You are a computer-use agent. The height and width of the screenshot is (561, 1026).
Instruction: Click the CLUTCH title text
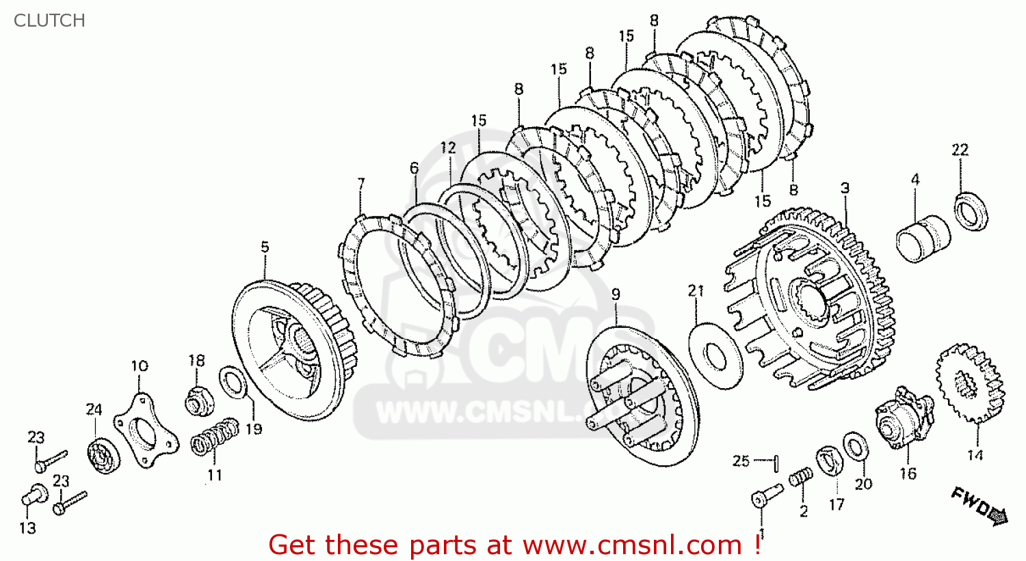point(49,20)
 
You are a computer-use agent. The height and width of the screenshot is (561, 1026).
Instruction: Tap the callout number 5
point(265,247)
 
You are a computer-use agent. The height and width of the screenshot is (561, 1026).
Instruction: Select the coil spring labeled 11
point(215,437)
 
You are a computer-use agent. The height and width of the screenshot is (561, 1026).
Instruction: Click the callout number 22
point(960,150)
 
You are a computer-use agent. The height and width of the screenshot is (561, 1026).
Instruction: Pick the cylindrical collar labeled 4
point(923,238)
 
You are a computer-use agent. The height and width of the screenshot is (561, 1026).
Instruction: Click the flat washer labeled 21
point(715,355)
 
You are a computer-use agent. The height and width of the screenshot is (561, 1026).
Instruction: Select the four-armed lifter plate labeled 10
point(146,430)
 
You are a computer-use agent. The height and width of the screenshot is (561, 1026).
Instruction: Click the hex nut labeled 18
point(200,401)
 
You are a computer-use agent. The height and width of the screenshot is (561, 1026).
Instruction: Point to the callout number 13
point(27,528)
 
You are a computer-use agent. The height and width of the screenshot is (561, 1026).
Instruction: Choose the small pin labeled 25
point(776,463)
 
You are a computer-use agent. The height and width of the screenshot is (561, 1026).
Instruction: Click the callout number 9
point(616,295)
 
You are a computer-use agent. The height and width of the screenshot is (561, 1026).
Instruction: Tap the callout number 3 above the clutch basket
point(845,188)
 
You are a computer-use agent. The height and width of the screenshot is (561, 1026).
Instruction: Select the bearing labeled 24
point(103,455)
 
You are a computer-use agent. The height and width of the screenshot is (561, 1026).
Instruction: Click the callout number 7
point(361,184)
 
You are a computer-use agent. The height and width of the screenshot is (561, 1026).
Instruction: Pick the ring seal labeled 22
point(971,212)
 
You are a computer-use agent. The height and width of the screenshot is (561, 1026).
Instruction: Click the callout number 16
point(908,474)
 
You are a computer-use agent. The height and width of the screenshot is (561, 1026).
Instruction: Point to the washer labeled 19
point(234,382)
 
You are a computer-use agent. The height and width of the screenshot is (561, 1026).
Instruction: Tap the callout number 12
point(449,148)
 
